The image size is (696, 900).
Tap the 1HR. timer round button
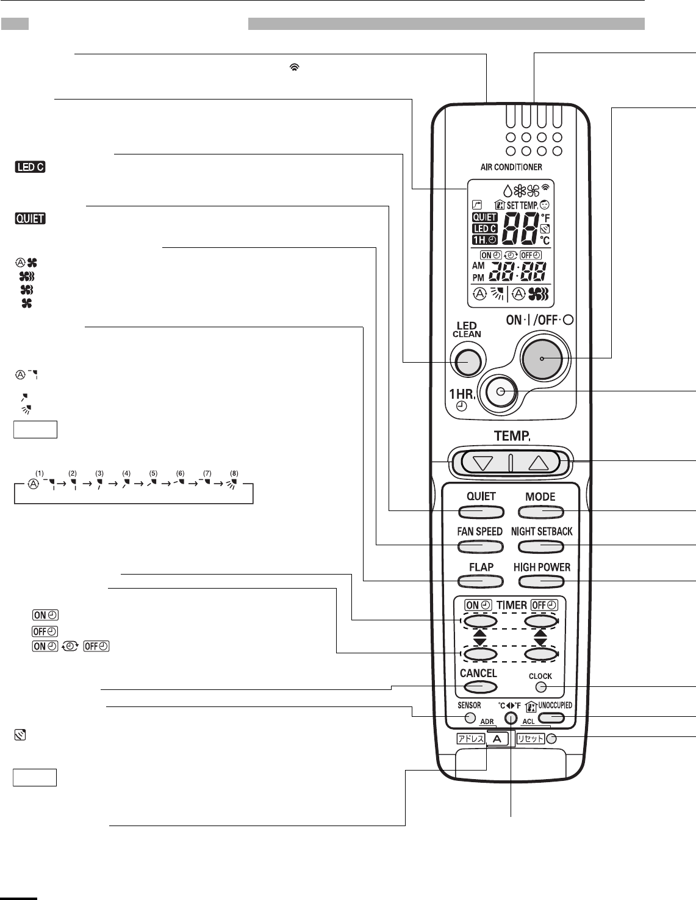pos(501,392)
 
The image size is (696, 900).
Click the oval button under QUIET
pos(481,512)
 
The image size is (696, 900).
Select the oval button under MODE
pos(540,512)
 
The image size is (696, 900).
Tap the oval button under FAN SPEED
pos(480,546)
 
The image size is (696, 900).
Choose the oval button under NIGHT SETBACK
pos(542,546)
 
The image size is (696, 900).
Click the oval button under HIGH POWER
pos(542,581)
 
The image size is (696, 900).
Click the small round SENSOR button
pos(469,718)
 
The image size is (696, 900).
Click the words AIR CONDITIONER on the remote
pos(511,167)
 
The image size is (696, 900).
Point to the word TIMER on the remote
pos(512,605)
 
